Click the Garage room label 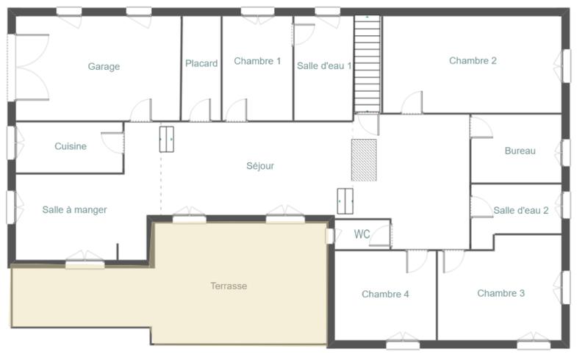pyautogui.click(x=104, y=67)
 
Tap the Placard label pyautogui.click(x=201, y=64)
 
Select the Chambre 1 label pyautogui.click(x=257, y=62)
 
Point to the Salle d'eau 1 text pyautogui.click(x=324, y=66)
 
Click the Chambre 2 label pyautogui.click(x=473, y=61)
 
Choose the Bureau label pyautogui.click(x=520, y=151)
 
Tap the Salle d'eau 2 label pyautogui.click(x=520, y=211)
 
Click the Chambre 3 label pyautogui.click(x=501, y=293)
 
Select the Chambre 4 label pyautogui.click(x=385, y=295)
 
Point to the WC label pyautogui.click(x=362, y=235)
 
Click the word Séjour pyautogui.click(x=260, y=166)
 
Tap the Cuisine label pyautogui.click(x=71, y=146)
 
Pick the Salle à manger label pyautogui.click(x=74, y=210)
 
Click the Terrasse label pyautogui.click(x=229, y=286)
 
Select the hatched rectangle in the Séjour pyautogui.click(x=364, y=159)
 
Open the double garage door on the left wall pyautogui.click(x=29, y=68)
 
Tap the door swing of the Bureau pyautogui.click(x=480, y=126)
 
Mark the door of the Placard pyautogui.click(x=200, y=111)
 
